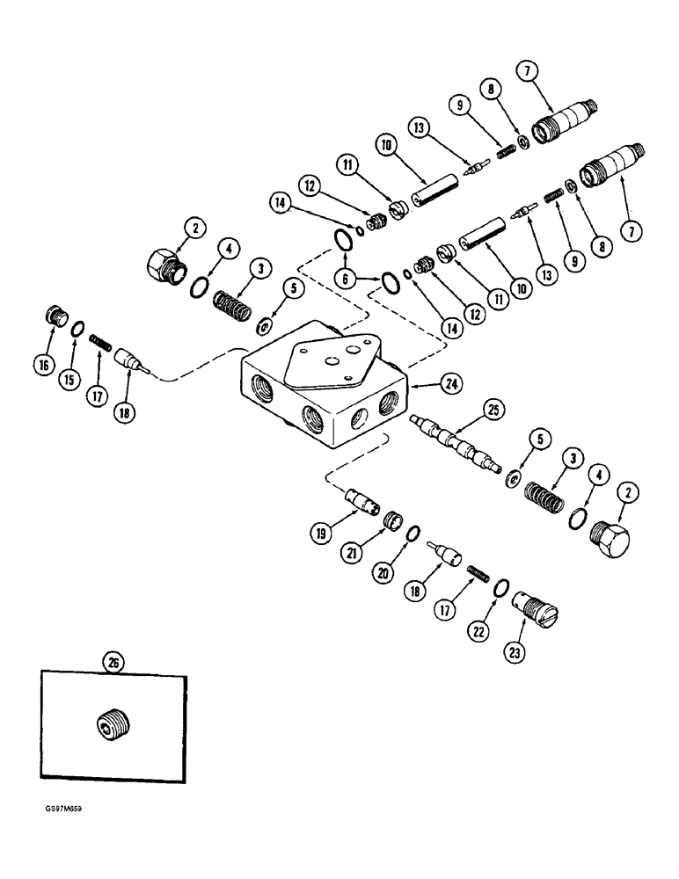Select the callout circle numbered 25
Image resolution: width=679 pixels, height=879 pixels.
click(x=493, y=410)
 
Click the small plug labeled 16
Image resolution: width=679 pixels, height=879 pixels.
click(x=57, y=316)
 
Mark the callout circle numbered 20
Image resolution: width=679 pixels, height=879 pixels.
click(x=406, y=572)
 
